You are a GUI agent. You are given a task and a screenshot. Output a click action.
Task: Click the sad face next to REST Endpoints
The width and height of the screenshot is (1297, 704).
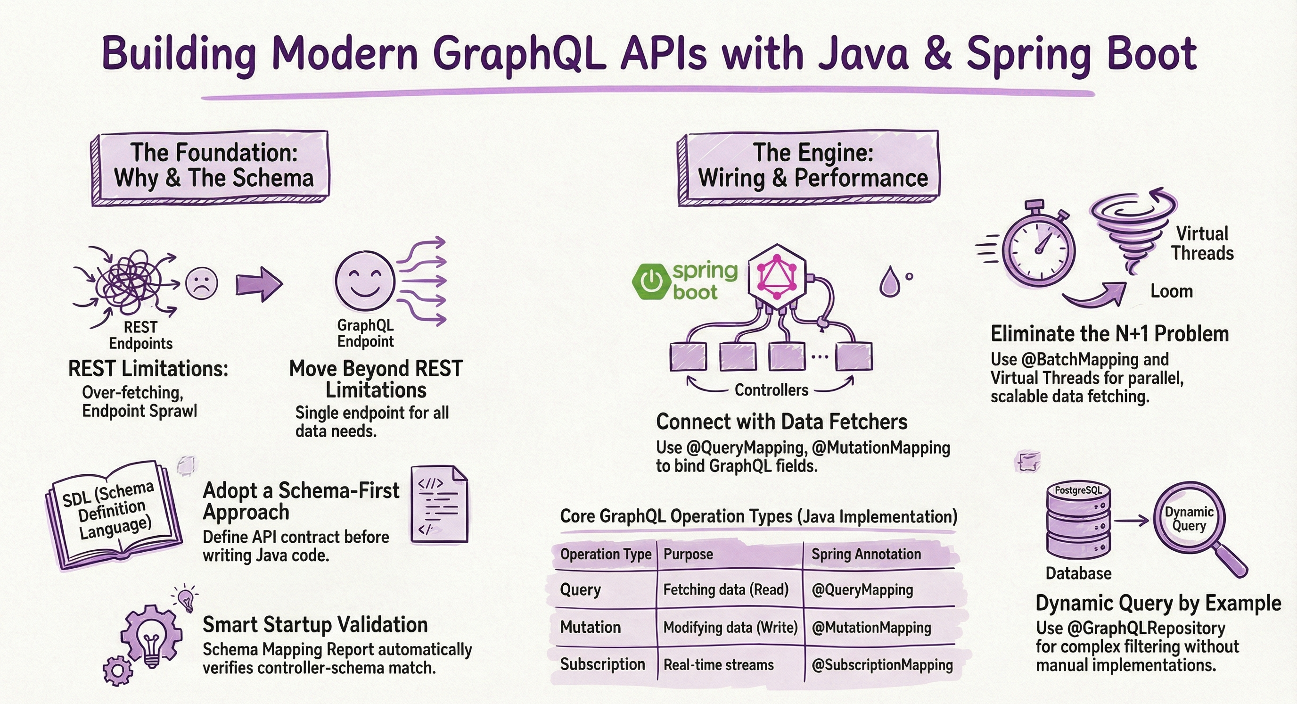point(201,283)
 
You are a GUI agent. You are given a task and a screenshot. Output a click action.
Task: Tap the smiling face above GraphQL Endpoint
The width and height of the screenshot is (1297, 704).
point(365,281)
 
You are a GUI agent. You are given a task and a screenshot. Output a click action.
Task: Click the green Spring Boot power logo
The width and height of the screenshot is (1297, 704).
point(651,282)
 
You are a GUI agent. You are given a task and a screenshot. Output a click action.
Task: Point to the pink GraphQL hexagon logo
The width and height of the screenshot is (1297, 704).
point(777,276)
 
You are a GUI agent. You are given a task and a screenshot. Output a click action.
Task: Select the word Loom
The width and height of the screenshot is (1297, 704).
point(1171,291)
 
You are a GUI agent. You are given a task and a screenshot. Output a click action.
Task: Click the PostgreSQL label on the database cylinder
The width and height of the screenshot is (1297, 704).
point(1078,490)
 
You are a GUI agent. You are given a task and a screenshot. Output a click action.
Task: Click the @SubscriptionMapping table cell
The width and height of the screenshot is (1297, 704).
point(882,665)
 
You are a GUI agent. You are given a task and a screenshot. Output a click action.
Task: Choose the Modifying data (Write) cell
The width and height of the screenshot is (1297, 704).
point(730,628)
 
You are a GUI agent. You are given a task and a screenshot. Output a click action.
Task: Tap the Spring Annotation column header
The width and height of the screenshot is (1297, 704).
point(866,554)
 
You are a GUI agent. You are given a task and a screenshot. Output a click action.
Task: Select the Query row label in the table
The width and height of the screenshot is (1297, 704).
point(581,589)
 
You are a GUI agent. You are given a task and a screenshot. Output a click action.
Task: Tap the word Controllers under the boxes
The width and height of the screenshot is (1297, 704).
point(771,390)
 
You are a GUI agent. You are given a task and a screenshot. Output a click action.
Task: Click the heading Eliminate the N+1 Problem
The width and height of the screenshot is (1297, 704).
point(1109,334)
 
